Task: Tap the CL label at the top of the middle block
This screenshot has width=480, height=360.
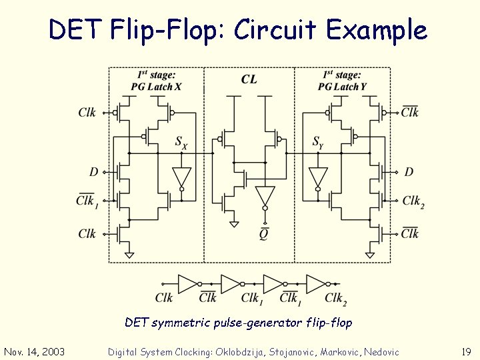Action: tap(249, 79)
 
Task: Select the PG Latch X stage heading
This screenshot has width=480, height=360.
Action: tap(156, 81)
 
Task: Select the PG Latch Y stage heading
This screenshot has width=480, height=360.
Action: tap(342, 81)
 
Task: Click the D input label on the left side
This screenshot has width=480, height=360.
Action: tap(94, 172)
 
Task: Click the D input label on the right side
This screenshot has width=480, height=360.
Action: tap(409, 172)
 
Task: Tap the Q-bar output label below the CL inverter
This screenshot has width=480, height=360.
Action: tap(265, 233)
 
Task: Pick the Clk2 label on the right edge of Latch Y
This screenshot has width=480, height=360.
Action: tap(413, 201)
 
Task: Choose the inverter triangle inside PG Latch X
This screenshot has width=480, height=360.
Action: tap(181, 177)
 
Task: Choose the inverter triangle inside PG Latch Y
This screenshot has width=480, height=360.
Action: tap(319, 177)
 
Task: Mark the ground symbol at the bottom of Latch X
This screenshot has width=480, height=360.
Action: tap(129, 254)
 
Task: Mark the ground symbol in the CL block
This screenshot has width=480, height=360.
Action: tap(233, 224)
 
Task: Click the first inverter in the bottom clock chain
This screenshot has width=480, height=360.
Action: tap(188, 283)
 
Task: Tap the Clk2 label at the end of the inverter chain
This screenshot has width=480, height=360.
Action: tap(335, 299)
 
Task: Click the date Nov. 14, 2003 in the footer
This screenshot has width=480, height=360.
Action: tap(34, 351)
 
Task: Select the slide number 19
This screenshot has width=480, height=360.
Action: tap(466, 351)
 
